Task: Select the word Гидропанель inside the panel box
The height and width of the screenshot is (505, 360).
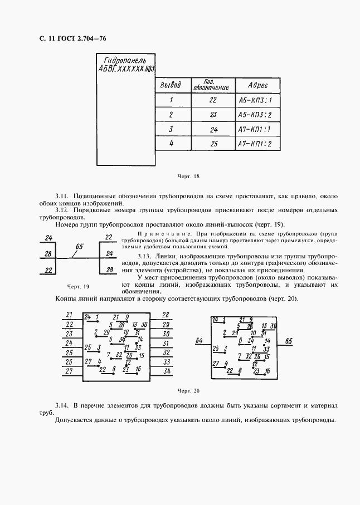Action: (x=122, y=60)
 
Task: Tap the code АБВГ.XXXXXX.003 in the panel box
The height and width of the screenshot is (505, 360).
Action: (x=126, y=70)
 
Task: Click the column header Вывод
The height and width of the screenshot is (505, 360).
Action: (x=171, y=86)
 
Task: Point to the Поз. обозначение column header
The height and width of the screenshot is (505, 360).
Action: (x=211, y=85)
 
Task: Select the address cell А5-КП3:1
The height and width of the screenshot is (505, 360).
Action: (x=255, y=101)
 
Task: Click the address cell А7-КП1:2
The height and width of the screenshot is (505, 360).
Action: (x=255, y=144)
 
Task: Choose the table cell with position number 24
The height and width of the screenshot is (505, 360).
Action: (x=213, y=130)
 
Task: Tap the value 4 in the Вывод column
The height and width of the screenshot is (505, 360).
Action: (x=171, y=144)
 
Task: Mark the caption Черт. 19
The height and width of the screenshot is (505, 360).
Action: (x=78, y=287)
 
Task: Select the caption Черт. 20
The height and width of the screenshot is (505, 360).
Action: (x=188, y=391)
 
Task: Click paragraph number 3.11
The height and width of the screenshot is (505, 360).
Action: (x=61, y=196)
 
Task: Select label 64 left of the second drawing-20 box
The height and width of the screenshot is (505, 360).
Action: (x=200, y=340)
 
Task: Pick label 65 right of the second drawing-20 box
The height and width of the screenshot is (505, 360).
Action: (x=289, y=341)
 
